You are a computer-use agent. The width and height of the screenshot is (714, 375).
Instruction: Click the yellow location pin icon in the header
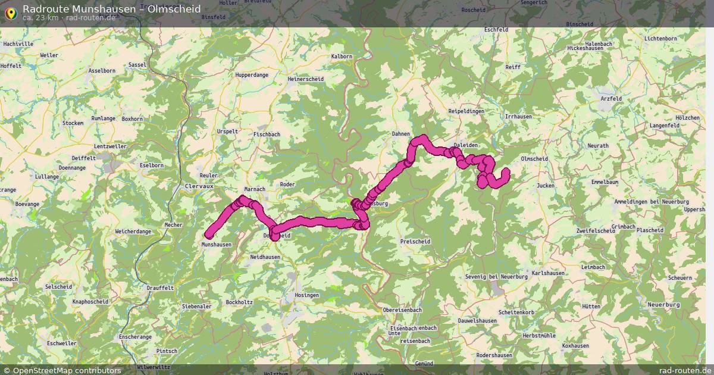coord(11,12)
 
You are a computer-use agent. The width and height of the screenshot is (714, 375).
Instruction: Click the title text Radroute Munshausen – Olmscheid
coord(111,8)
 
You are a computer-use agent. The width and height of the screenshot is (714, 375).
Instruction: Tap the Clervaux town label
coord(199,186)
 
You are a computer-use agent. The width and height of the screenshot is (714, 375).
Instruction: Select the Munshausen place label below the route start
coord(217,245)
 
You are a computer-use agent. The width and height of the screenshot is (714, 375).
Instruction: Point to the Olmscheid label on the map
coord(534,159)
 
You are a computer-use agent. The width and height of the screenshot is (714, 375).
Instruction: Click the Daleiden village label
coord(465,145)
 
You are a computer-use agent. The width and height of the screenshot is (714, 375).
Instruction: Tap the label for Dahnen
coord(401,134)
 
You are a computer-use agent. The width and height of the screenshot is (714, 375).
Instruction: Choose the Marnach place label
coord(255,189)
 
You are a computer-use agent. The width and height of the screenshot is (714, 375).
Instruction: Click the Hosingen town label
coord(307,295)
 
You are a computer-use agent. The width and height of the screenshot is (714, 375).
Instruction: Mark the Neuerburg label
coord(663,305)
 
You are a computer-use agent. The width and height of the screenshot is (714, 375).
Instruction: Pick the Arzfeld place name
coord(611,99)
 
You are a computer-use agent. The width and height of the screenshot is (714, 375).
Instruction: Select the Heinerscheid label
coord(305,79)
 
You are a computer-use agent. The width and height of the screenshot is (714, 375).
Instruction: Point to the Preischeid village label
coord(415,242)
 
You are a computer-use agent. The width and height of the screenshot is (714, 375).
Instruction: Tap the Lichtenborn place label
coord(660,39)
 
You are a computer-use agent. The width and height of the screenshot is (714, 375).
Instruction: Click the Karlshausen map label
coord(548,273)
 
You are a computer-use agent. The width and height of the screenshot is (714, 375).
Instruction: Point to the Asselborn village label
coord(101,70)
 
